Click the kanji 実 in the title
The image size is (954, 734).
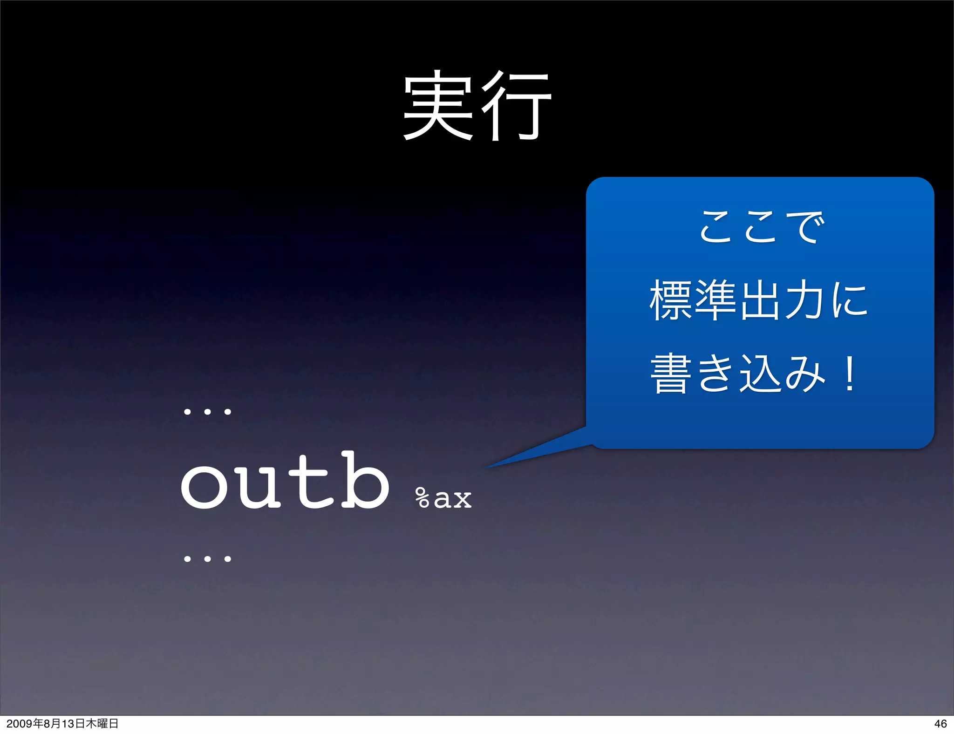pos(438,106)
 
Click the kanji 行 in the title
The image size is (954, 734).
pos(517,106)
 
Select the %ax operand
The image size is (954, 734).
pos(443,498)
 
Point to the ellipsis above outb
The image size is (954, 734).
pos(207,412)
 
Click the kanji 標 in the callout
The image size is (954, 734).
pos(670,300)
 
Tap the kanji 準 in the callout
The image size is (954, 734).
pos(715,300)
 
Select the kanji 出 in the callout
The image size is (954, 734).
pos(761,300)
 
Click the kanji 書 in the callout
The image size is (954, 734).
pos(670,374)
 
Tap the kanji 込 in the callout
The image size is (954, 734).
pos(761,374)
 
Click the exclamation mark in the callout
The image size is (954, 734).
pos(850,374)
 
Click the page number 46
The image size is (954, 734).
pos(940,723)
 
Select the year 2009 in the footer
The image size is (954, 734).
pos(19,723)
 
